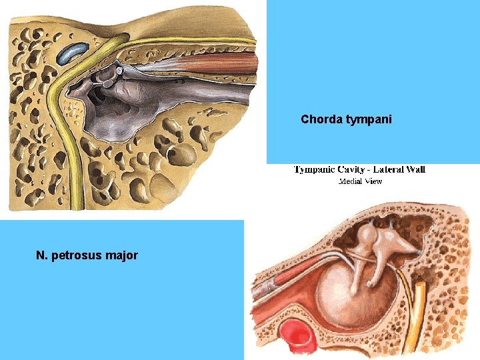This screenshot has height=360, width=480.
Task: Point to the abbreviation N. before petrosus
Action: coord(43,254)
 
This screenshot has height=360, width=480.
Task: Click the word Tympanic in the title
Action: coord(317,169)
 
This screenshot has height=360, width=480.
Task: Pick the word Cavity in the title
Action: coord(357,169)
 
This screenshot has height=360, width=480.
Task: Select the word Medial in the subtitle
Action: coord(351,181)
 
